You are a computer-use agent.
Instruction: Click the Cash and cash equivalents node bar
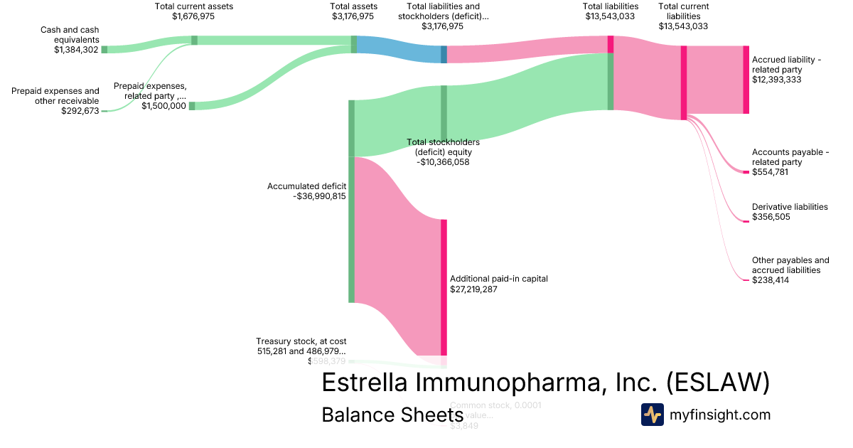pyautogui.click(x=104, y=49)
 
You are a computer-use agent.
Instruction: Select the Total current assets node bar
pyautogui.click(x=194, y=40)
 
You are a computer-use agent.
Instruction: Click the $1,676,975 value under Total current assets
pyautogui.click(x=193, y=16)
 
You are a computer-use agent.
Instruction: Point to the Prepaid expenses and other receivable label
pyautogui.click(x=55, y=96)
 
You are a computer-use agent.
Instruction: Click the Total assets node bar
pyautogui.click(x=353, y=44)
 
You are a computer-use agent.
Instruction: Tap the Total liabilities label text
pyautogui.click(x=611, y=6)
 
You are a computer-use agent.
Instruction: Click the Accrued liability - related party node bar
pyautogui.click(x=746, y=80)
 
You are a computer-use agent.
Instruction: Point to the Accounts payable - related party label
pyautogui.click(x=790, y=157)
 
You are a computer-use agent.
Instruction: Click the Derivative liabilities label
pyautogui.click(x=790, y=207)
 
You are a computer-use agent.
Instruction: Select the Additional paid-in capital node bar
pyautogui.click(x=444, y=287)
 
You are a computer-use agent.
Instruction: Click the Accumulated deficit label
pyautogui.click(x=306, y=186)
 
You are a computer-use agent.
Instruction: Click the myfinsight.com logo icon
pyautogui.click(x=652, y=415)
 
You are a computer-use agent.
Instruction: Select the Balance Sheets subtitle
pyautogui.click(x=387, y=415)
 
